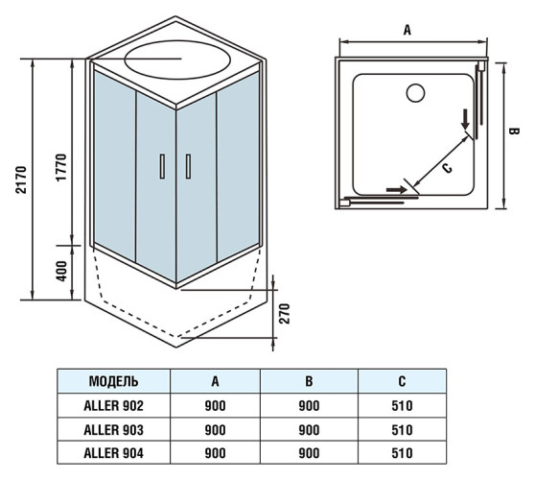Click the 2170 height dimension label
point(21,180)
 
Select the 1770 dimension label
point(61,167)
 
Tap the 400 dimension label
point(61,271)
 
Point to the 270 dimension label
point(284,313)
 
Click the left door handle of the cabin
point(162,166)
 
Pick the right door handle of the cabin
point(188,166)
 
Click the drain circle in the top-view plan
point(415,93)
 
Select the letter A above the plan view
point(407,30)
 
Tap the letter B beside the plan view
point(514,132)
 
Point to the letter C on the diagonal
point(447,168)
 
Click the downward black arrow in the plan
point(465,119)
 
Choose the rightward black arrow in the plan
point(397,189)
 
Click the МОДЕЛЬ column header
point(114,381)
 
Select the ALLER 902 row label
point(114,405)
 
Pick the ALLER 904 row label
point(114,453)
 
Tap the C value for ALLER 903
point(402,430)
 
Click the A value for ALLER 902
point(216,405)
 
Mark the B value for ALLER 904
point(309,453)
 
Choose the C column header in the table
point(402,381)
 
